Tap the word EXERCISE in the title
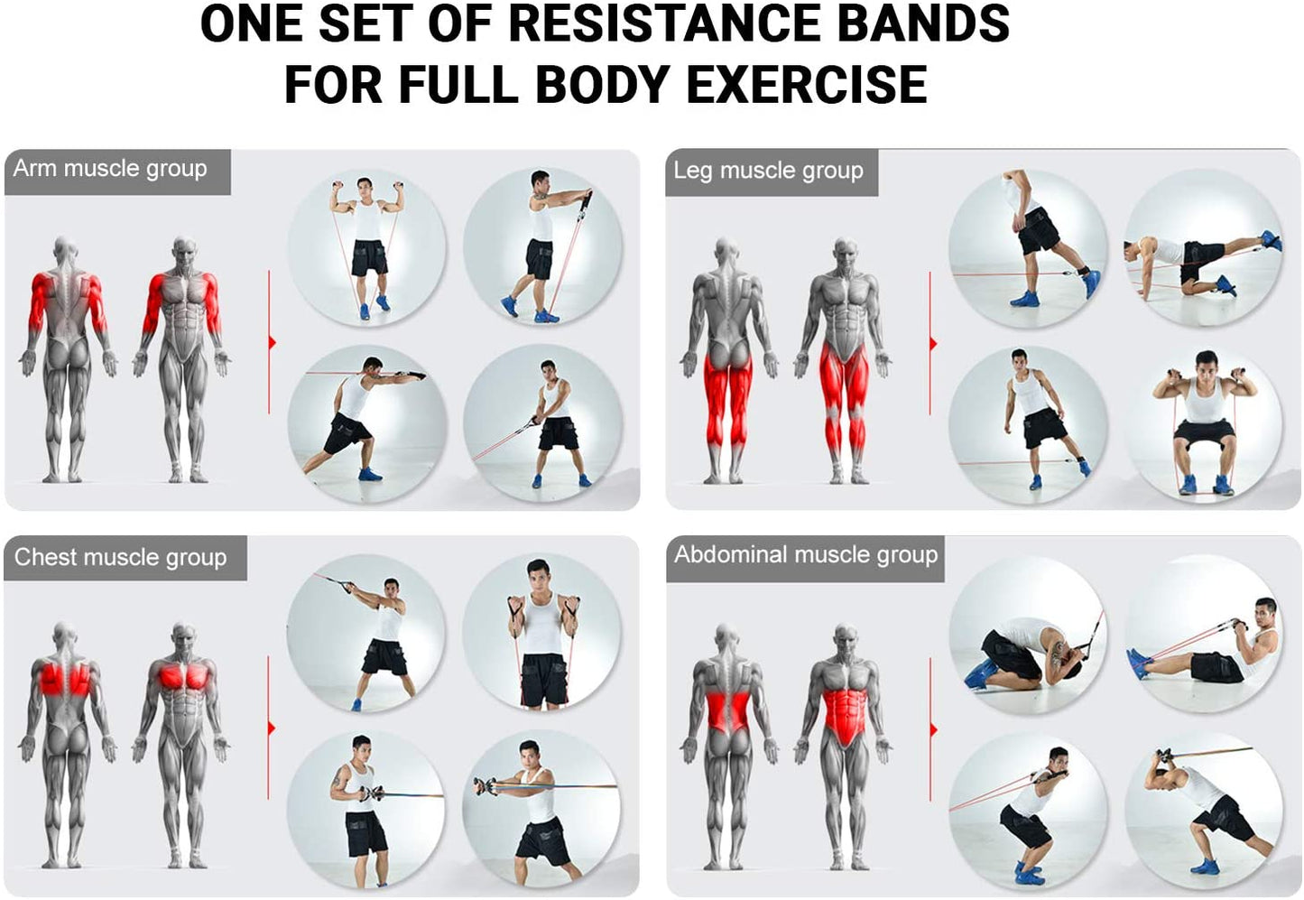point(808,85)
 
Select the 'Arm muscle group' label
point(110,168)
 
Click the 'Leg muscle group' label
point(769,171)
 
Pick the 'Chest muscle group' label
point(121,557)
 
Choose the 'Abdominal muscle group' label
point(806,554)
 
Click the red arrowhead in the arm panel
point(273,343)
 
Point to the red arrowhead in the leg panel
point(933,344)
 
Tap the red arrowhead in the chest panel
point(272,728)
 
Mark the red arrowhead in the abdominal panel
point(934,730)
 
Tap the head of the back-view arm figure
point(65,250)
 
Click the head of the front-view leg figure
point(845,252)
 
